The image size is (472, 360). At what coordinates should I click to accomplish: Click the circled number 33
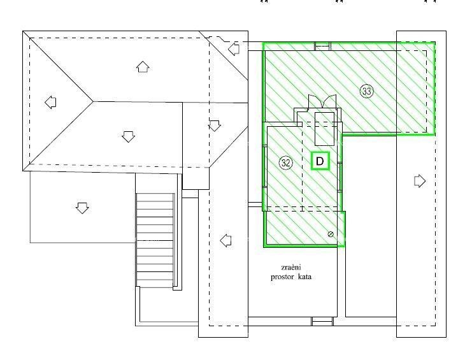click(366, 91)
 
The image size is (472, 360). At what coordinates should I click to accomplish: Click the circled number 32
click(286, 163)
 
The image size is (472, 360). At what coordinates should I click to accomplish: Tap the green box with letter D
click(320, 162)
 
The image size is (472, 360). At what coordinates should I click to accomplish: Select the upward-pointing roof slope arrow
click(143, 66)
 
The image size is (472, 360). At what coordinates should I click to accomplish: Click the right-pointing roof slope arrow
click(419, 181)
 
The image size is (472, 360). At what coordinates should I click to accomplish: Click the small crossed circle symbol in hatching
click(331, 234)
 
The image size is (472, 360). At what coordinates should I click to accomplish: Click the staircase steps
click(156, 239)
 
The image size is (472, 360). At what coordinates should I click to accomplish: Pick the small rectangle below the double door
click(324, 127)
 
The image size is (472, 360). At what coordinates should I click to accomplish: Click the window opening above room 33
click(323, 45)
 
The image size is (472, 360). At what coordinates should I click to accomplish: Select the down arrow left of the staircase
click(82, 208)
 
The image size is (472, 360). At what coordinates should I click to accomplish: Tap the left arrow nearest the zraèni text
click(225, 240)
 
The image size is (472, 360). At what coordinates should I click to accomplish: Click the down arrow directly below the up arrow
click(128, 136)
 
